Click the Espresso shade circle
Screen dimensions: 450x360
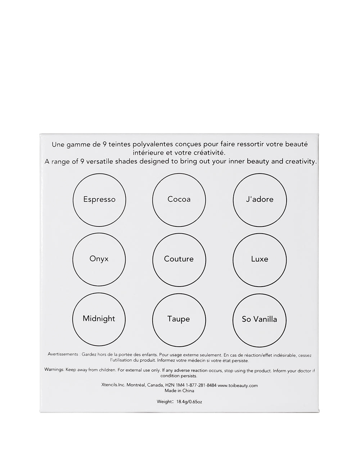pos(99,200)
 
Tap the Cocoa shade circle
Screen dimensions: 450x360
pos(179,200)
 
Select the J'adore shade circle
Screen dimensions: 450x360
pos(260,200)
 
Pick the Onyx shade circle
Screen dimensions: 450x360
pos(99,259)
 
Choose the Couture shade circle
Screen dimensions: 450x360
pos(179,259)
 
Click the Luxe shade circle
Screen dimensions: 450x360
pos(260,259)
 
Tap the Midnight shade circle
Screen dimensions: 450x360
pos(99,319)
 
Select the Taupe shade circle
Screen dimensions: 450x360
pos(179,319)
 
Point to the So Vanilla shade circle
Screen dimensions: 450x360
pos(260,319)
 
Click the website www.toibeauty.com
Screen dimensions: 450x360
pos(238,385)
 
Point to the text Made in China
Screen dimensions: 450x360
pos(179,391)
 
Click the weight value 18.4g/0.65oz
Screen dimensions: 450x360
pos(189,402)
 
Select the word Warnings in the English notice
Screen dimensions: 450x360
pos(54,370)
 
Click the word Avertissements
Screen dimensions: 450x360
pos(63,355)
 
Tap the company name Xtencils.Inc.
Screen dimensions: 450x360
pos(113,385)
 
